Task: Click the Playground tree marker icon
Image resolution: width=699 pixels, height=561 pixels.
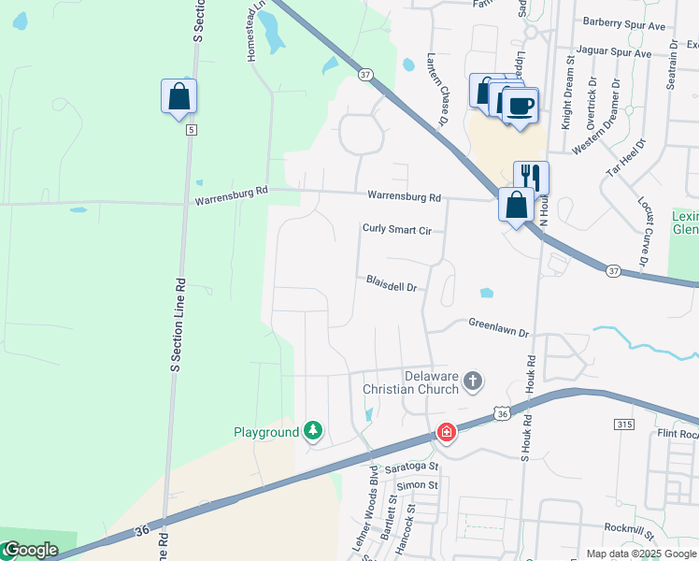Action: (314, 431)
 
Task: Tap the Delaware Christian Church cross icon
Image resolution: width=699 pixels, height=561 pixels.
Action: (474, 381)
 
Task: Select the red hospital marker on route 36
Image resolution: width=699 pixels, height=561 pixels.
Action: (447, 432)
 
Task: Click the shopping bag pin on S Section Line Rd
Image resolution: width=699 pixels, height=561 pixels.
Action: (178, 95)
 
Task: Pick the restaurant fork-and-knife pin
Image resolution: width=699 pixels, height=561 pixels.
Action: (530, 176)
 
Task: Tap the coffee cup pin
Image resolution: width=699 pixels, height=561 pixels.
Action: (521, 105)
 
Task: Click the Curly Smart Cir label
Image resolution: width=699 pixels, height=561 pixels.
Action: (397, 229)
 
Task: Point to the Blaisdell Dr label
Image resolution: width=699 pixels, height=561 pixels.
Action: (391, 282)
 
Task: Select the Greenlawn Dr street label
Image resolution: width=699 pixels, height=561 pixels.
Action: (498, 328)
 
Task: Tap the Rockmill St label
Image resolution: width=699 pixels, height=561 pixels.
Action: (629, 531)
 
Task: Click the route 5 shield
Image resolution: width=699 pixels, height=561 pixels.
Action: (191, 129)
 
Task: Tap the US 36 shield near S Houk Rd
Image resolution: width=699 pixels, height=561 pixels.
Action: (502, 413)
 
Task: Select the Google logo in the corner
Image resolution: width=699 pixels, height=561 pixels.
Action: (30, 550)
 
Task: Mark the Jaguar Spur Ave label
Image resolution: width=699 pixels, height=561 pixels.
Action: (616, 53)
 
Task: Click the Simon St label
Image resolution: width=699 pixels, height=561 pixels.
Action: (416, 485)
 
